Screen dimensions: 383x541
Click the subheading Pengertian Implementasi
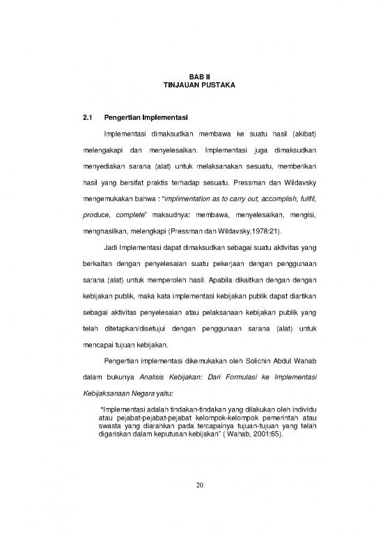tap(146, 116)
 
